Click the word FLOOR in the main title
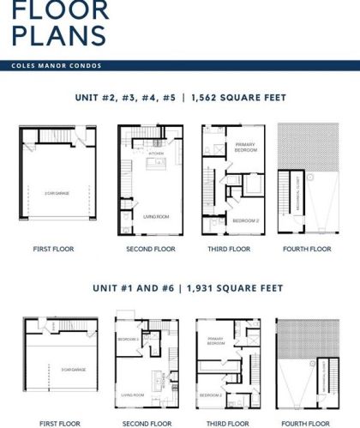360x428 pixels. tap(60, 11)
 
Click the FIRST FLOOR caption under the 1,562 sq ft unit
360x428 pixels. tap(54, 250)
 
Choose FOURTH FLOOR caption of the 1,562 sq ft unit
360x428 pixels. tap(307, 250)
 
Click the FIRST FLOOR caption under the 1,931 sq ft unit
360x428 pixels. tap(53, 424)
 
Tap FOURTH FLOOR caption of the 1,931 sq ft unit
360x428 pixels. tap(308, 424)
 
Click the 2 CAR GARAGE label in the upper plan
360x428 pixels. tap(58, 194)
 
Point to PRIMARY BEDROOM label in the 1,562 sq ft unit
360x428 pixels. tap(247, 148)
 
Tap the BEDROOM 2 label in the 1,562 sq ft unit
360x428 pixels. tap(246, 220)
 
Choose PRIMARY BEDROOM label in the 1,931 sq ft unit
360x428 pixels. tap(216, 341)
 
